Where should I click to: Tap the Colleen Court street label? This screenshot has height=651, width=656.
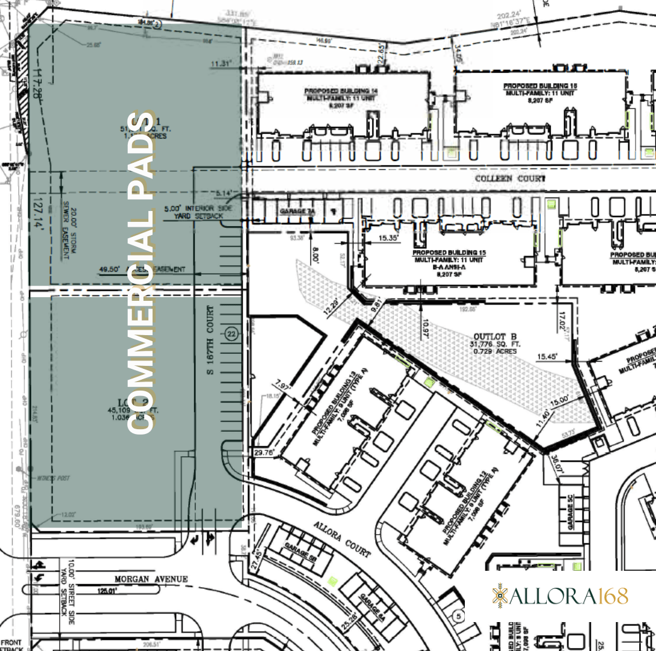510,179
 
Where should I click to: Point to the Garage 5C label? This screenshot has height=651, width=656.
570,512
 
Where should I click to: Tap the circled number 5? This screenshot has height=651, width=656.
458,616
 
